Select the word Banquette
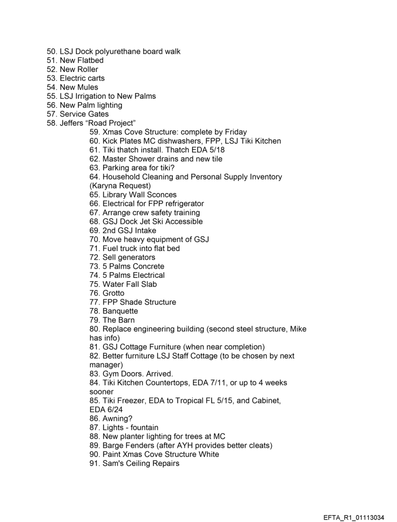click(120, 311)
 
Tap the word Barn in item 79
click(126, 320)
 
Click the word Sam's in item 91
click(112, 464)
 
